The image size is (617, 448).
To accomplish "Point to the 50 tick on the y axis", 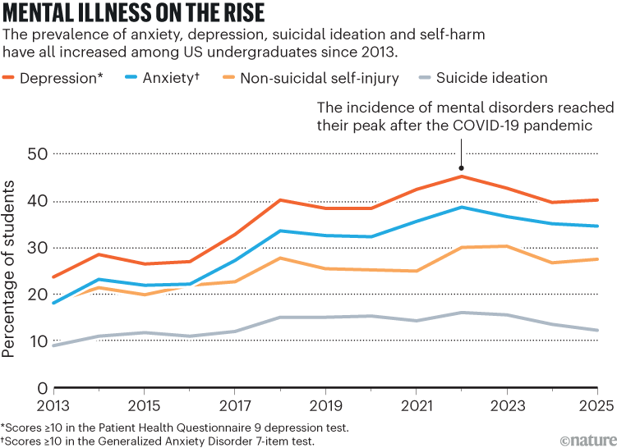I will pyautogui.click(x=36, y=154).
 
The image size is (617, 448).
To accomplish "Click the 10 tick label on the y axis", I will pyautogui.click(x=36, y=341).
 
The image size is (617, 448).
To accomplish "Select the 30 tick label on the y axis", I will pyautogui.click(x=36, y=248).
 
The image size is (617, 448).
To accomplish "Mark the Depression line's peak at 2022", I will pyautogui.click(x=462, y=176).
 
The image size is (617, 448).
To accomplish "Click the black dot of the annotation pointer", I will pyautogui.click(x=462, y=167).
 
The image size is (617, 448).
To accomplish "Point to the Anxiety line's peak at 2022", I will pyautogui.click(x=462, y=207).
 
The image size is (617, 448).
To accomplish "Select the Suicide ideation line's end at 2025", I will pyautogui.click(x=597, y=331).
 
